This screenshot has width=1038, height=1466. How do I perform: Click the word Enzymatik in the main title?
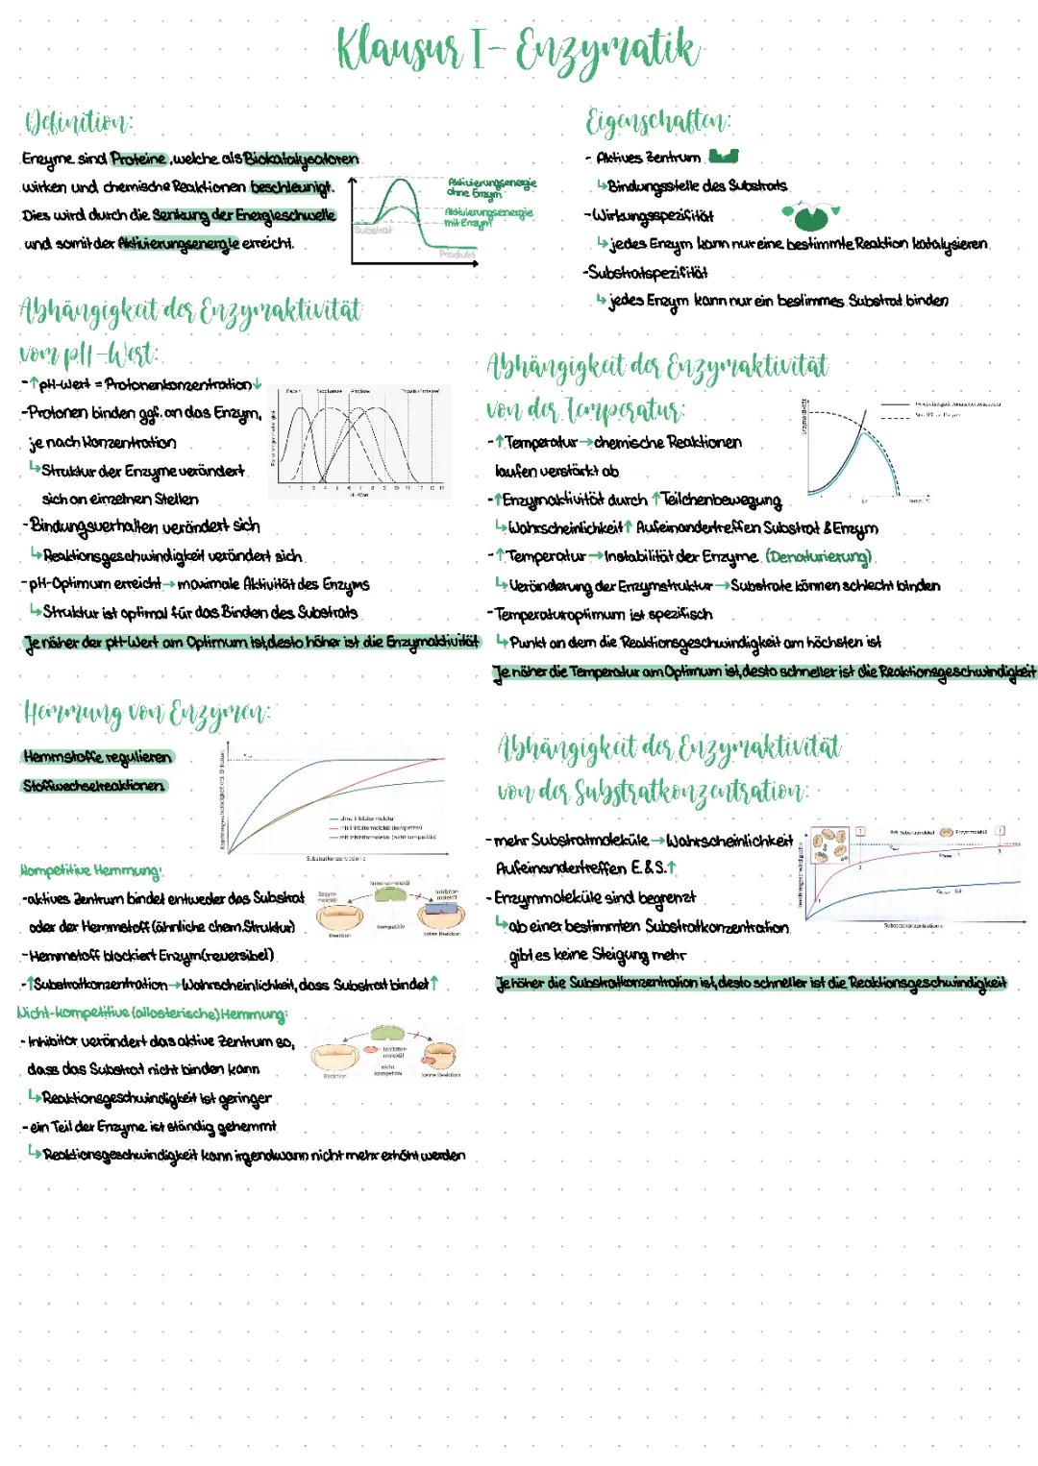pyautogui.click(x=609, y=48)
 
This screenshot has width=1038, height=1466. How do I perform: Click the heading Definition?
pyautogui.click(x=78, y=123)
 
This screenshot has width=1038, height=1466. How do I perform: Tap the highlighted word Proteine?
pyautogui.click(x=139, y=159)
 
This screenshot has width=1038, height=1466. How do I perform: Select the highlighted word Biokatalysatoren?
pyautogui.click(x=302, y=159)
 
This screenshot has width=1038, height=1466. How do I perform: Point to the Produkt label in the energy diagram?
pyautogui.click(x=457, y=254)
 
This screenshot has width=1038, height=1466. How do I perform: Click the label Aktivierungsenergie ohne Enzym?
pyautogui.click(x=490, y=187)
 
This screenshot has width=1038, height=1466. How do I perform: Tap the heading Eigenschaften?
pyautogui.click(x=658, y=122)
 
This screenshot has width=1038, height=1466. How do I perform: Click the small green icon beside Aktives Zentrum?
pyautogui.click(x=723, y=156)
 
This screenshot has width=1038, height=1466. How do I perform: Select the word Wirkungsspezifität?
pyautogui.click(x=654, y=215)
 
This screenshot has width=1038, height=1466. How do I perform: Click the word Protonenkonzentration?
pyautogui.click(x=178, y=385)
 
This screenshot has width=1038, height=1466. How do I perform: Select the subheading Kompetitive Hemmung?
pyautogui.click(x=91, y=870)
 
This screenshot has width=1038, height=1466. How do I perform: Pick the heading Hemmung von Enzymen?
pyautogui.click(x=145, y=713)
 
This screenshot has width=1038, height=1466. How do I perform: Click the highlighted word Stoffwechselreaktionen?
pyautogui.click(x=93, y=786)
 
